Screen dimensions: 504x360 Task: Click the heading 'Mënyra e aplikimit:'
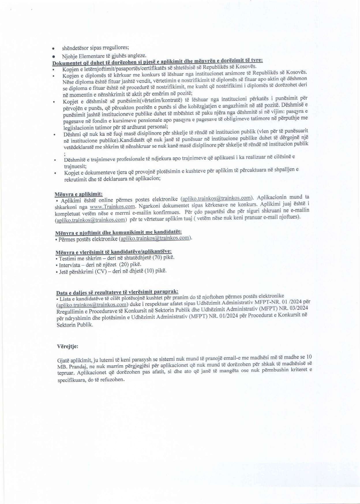(78, 194)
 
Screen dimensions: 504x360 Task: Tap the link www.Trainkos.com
(112, 207)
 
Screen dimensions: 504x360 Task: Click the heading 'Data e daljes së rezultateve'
(117, 292)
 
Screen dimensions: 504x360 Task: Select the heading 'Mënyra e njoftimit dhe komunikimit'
(118, 232)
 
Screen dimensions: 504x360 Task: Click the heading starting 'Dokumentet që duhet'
(157, 61)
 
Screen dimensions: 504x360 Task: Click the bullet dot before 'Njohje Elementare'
(53, 56)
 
